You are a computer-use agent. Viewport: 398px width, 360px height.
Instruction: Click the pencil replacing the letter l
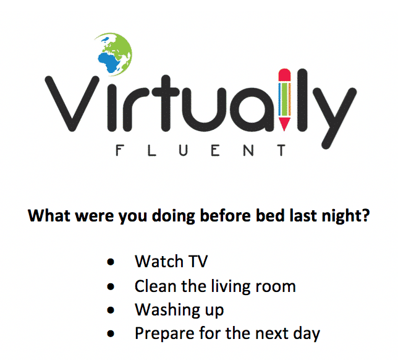[x=284, y=100]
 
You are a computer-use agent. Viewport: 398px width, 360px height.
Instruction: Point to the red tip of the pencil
[x=284, y=124]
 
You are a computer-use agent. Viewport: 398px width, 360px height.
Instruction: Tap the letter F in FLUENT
[x=119, y=150]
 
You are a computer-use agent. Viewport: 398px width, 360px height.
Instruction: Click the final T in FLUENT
[x=281, y=150]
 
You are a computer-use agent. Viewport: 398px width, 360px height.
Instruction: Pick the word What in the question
[x=49, y=215]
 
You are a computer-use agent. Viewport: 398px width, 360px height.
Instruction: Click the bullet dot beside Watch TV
[x=111, y=262]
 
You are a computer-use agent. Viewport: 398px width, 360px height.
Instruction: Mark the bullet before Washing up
[x=111, y=310]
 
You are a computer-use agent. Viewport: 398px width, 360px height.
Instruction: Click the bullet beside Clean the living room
[x=111, y=286]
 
